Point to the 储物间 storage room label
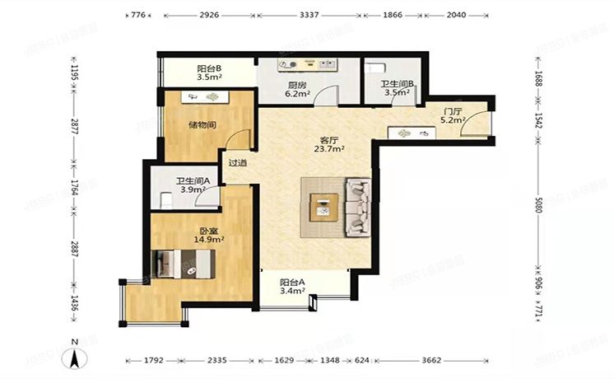point(202,125)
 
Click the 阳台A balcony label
point(292,285)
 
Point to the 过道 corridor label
point(238,162)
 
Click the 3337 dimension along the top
point(309,15)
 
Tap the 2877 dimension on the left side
point(73,127)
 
